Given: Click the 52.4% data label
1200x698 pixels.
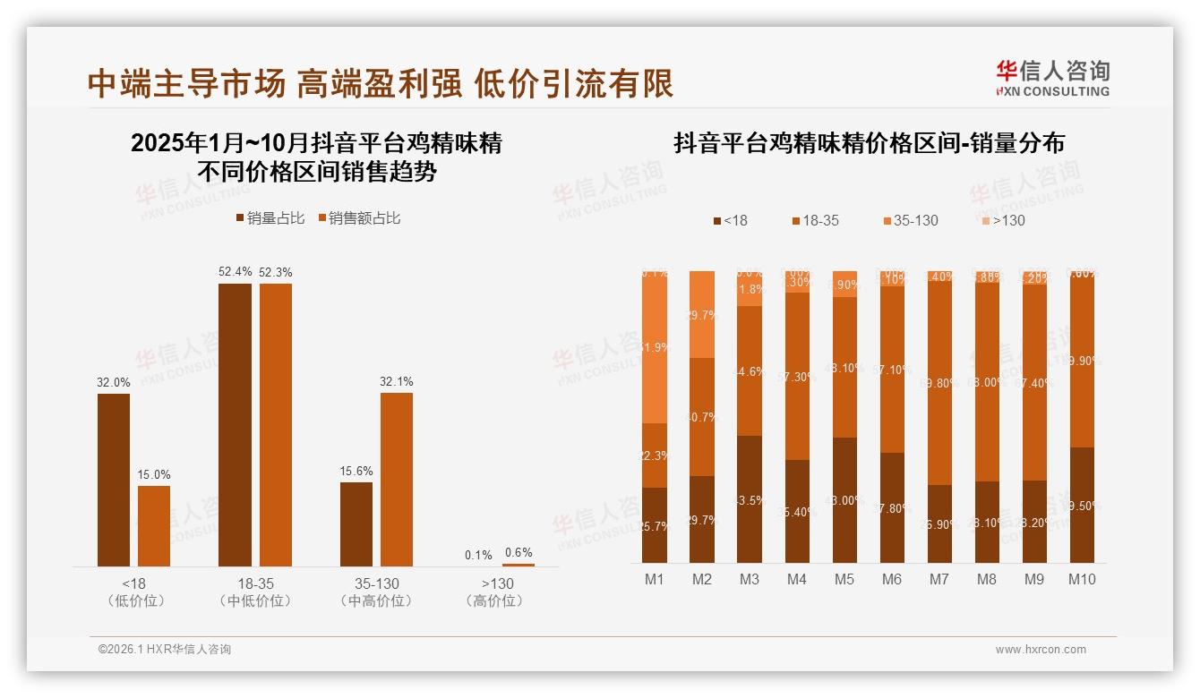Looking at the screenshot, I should pos(235,272).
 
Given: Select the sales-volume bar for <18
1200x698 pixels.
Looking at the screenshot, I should pos(114,480).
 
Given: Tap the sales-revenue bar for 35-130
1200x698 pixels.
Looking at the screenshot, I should pos(397,479).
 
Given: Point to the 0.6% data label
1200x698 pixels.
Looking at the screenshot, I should pos(518,552).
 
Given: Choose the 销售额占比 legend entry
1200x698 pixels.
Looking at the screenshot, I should pos(358,218).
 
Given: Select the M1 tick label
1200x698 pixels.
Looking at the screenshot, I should pos(655,579).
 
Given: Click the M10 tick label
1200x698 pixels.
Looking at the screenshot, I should pos(1082,579).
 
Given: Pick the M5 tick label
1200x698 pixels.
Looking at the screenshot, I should pos(844,579).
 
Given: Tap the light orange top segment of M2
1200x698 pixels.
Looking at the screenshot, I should pos(702,313).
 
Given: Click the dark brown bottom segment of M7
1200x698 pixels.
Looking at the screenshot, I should pos(939,523).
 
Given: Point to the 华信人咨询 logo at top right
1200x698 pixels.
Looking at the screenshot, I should pos(1052,78).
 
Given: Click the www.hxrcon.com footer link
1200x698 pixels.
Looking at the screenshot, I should pos(1041,650).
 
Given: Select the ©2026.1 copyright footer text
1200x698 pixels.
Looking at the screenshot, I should pos(164,650).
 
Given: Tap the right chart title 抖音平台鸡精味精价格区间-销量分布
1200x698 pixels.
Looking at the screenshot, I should pos(869,144).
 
